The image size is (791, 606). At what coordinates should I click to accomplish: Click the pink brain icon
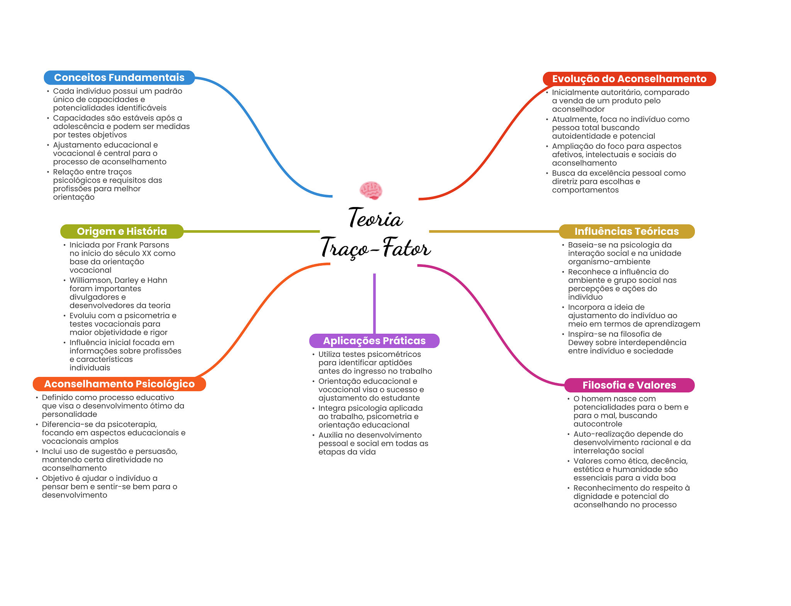tap(371, 190)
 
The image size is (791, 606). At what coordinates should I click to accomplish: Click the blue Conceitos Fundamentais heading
tap(119, 78)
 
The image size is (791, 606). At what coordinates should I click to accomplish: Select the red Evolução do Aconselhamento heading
tap(629, 79)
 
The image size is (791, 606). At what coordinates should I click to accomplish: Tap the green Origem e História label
tap(122, 231)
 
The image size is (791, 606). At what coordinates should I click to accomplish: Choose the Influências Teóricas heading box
tap(626, 231)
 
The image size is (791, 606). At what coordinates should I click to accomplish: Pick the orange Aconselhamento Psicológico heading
tap(119, 384)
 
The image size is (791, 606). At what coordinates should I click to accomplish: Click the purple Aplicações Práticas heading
tap(374, 341)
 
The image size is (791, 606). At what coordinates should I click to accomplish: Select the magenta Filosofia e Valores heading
tap(629, 385)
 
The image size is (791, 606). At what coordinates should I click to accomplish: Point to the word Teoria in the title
tap(375, 218)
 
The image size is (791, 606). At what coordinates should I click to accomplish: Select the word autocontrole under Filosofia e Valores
tap(598, 424)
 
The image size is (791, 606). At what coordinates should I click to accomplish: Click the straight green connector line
tap(251, 231)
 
